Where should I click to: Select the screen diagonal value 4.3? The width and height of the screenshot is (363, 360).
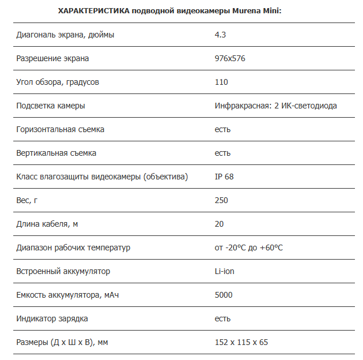coord(220,35)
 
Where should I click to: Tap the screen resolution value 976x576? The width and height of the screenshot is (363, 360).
coord(230,58)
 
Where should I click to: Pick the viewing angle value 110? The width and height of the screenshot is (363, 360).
coord(221,82)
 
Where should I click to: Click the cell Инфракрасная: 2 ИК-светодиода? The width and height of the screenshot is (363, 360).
coord(275,106)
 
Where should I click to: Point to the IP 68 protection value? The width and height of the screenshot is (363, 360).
coord(224,177)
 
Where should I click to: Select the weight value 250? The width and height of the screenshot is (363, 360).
coord(221,200)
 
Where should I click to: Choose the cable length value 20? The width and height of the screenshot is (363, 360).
coord(219,224)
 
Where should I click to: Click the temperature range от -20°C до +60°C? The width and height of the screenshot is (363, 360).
coord(248,247)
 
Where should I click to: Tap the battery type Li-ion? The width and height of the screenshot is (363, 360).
coord(224,271)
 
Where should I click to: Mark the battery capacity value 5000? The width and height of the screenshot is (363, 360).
coord(224,295)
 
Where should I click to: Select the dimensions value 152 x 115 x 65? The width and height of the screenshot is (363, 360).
coord(241,342)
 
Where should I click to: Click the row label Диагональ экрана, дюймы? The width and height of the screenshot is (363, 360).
coord(65,35)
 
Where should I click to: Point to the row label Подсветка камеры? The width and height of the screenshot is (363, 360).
coord(51,106)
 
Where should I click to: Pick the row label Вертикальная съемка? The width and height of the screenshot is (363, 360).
coord(56,153)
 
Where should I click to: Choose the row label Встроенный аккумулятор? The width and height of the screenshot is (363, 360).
coord(63,271)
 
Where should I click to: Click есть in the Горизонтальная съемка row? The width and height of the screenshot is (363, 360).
coord(222,129)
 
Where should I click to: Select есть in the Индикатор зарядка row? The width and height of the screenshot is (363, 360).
coord(222,318)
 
